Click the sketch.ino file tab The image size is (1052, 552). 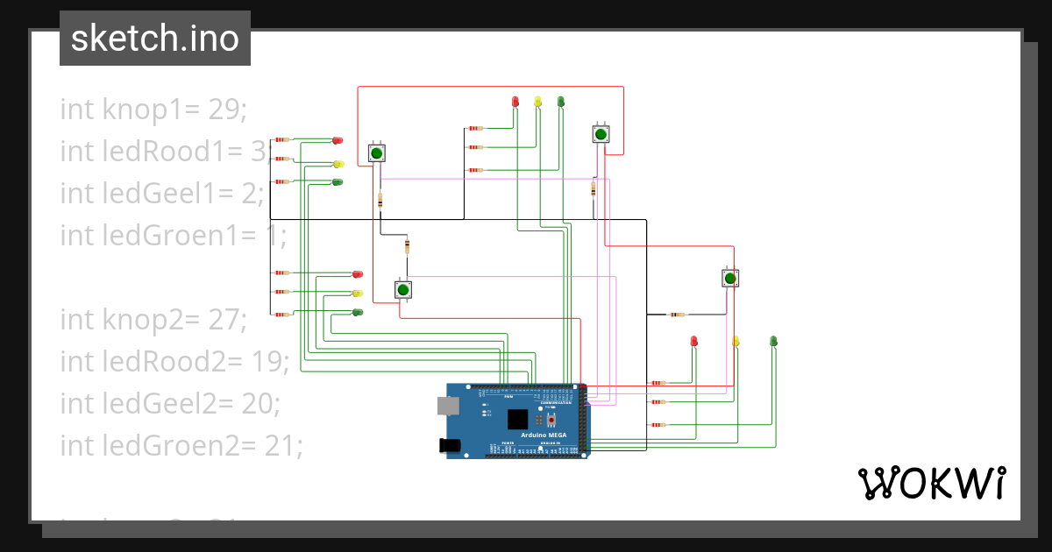[155, 39]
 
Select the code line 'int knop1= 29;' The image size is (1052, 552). [153, 110]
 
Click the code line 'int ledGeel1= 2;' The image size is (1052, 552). [162, 193]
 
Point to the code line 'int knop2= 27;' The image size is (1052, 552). [153, 320]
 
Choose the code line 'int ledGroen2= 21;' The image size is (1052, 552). [181, 446]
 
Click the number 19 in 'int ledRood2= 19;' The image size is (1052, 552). [270, 362]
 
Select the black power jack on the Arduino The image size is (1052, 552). [450, 446]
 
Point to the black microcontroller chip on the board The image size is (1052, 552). [518, 419]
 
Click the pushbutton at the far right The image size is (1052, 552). [729, 279]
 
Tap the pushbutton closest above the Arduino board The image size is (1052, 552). [402, 290]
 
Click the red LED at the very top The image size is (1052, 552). [515, 102]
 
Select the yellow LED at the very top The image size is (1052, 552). [537, 102]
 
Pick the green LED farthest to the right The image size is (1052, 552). [773, 341]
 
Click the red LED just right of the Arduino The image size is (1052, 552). [693, 341]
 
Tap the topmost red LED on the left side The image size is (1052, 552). [337, 140]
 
